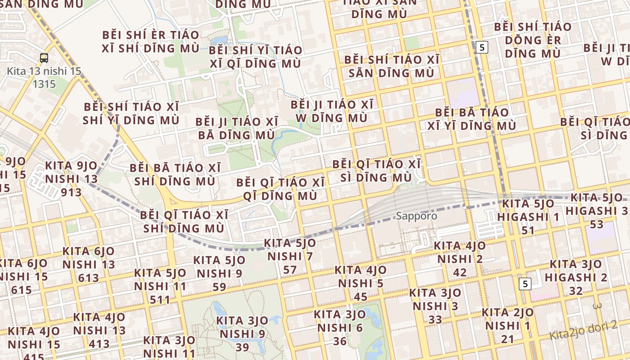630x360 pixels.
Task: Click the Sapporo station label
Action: click(x=416, y=216)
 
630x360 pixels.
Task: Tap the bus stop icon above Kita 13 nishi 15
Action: click(x=44, y=58)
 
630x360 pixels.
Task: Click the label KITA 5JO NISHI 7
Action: click(x=290, y=256)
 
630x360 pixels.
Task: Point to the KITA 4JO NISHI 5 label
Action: click(x=360, y=283)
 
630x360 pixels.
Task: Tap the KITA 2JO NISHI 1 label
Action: click(x=508, y=325)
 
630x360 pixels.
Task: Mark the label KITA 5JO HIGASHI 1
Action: click(x=528, y=216)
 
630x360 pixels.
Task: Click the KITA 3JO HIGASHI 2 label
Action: click(x=576, y=277)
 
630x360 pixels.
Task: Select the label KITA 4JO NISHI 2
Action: click(x=460, y=259)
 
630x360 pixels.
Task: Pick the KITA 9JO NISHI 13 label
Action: click(x=71, y=179)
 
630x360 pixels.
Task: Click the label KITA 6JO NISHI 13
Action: click(x=89, y=264)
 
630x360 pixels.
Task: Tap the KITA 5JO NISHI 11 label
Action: click(x=160, y=286)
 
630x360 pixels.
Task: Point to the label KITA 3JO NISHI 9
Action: click(x=242, y=334)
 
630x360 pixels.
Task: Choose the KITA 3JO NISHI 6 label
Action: click(x=340, y=327)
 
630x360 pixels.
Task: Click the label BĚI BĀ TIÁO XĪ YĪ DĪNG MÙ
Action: click(x=472, y=119)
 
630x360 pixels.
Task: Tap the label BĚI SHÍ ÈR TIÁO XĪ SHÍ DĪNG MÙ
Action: click(x=150, y=41)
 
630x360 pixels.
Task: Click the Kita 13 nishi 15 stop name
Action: click(x=44, y=77)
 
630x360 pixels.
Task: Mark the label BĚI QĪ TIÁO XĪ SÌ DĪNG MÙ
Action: click(x=377, y=171)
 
